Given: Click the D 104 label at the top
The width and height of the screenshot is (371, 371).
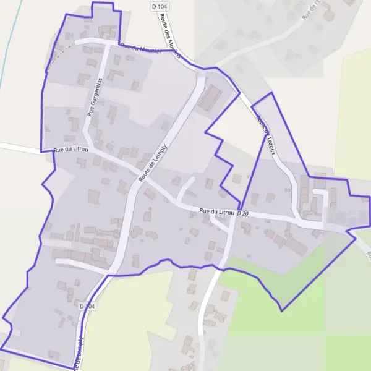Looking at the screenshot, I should [159, 6].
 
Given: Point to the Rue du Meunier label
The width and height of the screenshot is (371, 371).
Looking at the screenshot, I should [141, 49].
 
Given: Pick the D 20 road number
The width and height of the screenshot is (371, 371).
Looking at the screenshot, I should [242, 213].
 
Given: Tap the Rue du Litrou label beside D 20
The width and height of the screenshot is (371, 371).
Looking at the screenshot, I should [217, 211].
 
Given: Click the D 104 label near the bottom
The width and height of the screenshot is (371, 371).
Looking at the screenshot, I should [87, 305].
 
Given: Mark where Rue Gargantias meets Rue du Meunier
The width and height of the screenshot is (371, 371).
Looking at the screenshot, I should [108, 44].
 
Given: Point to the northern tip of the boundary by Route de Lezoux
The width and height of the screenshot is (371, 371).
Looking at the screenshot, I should [271, 93].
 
